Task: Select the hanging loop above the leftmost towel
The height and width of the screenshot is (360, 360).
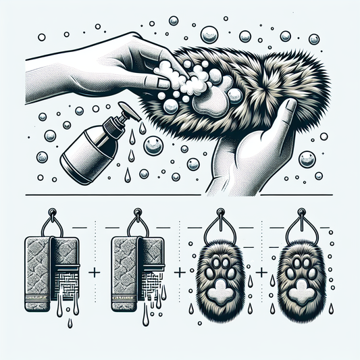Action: coord(51,220)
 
